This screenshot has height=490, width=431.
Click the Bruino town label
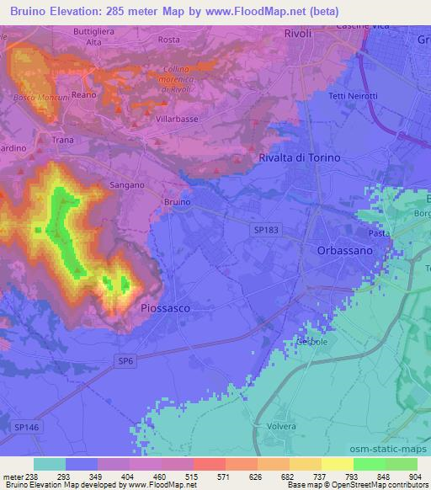[x=178, y=203]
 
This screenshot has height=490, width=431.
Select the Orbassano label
[x=345, y=251]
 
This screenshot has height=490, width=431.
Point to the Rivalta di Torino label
[x=300, y=157]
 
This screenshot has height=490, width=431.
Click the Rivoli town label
[x=297, y=34]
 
